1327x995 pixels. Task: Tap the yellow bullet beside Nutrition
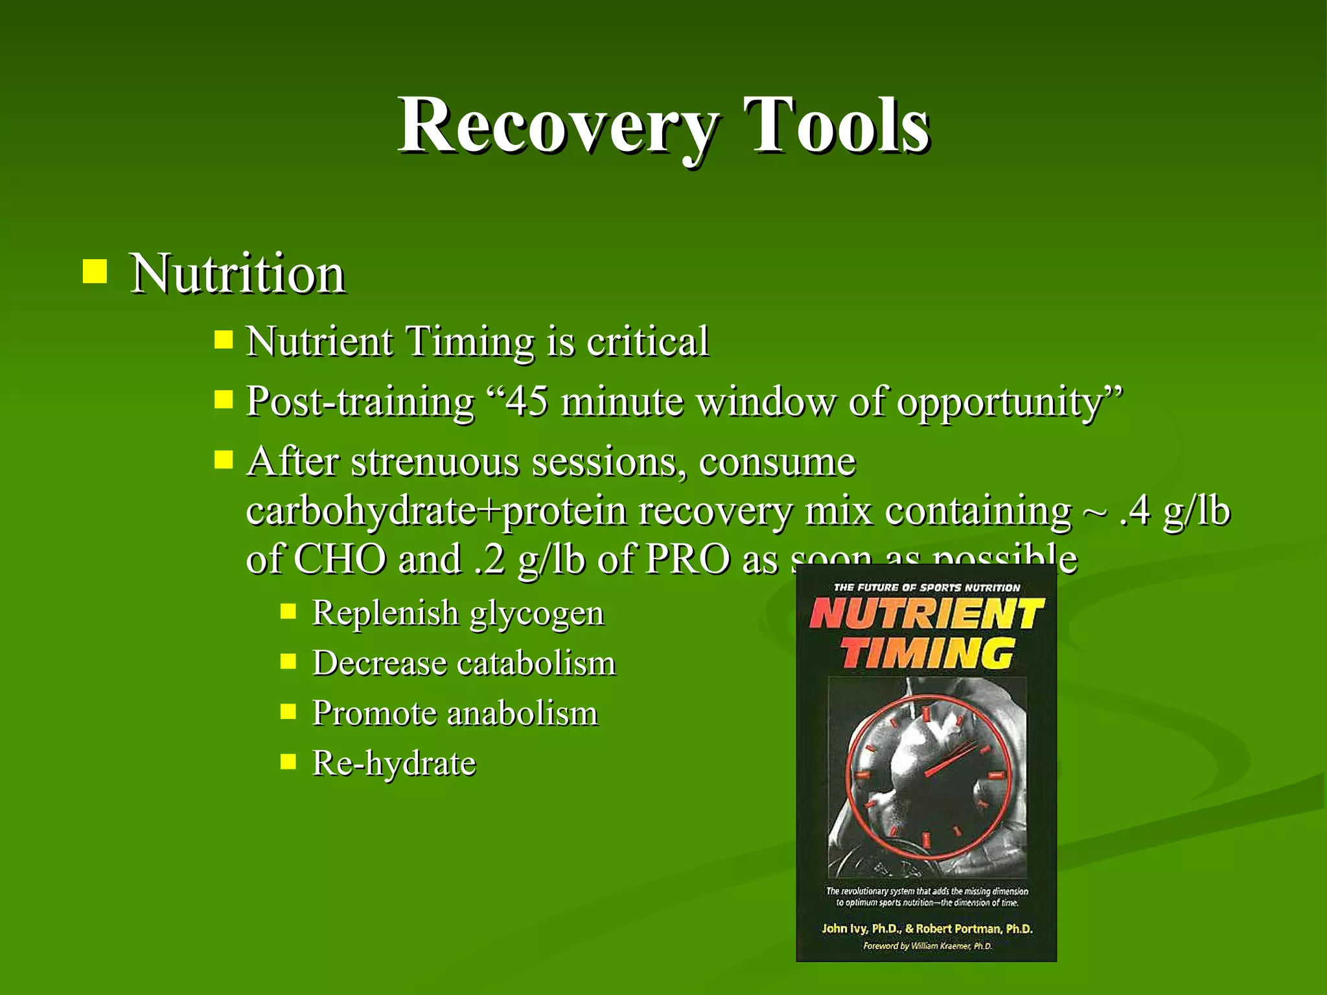click(95, 272)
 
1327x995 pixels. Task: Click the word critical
click(647, 341)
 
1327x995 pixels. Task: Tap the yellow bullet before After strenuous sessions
click(224, 461)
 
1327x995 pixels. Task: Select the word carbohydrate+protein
click(435, 511)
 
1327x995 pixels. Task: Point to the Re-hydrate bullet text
click(394, 763)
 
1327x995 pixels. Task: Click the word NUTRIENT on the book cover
click(926, 613)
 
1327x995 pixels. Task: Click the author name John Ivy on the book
click(844, 928)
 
